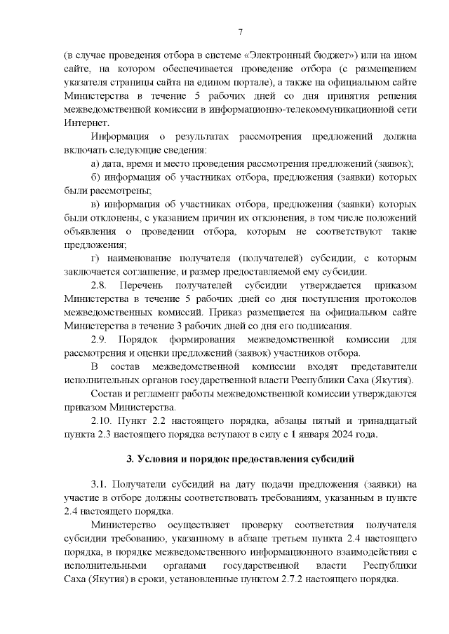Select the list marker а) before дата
coord(97,163)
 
